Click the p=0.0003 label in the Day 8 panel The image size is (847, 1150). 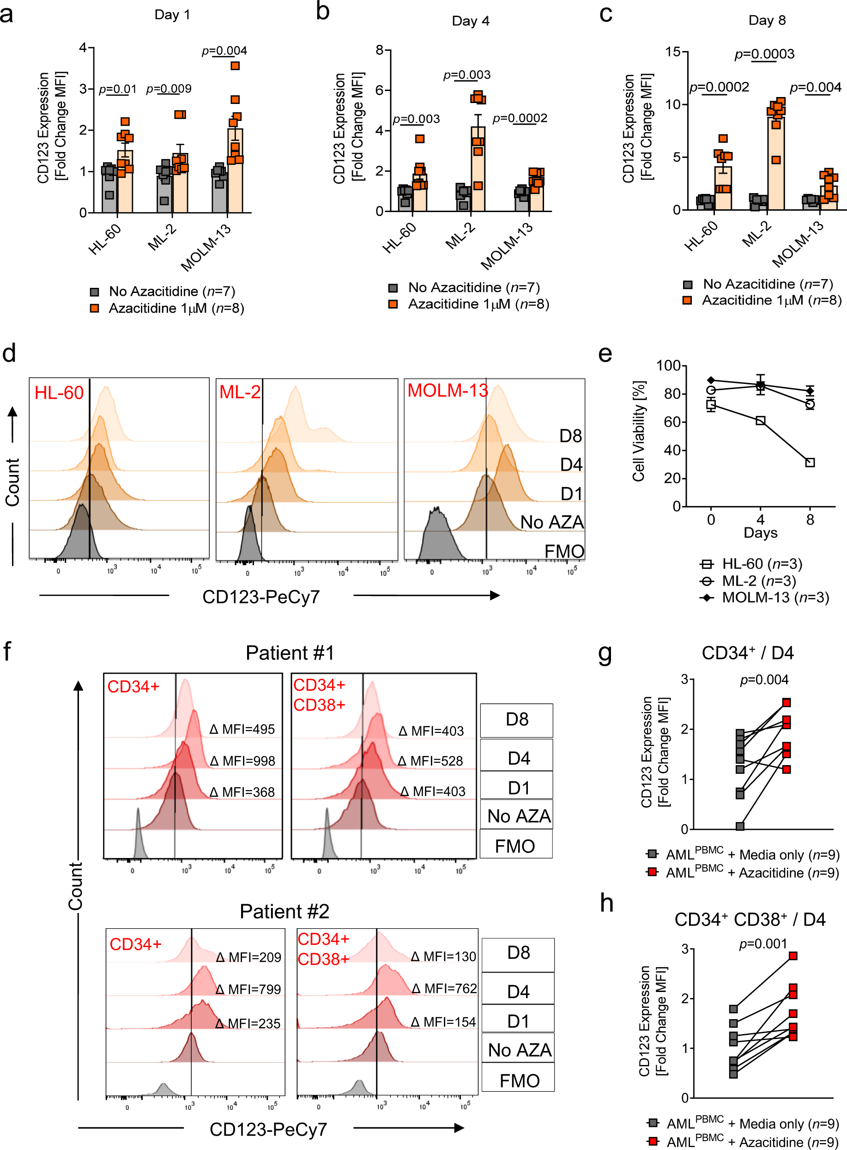pos(764,54)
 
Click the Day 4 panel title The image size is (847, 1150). pos(470,21)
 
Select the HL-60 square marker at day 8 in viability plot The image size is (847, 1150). pos(810,462)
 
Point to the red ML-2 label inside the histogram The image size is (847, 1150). pos(239,392)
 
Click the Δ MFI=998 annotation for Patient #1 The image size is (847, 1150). pos(242,761)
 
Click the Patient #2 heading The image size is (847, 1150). pos(284,912)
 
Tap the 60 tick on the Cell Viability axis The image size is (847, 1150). pos(672,422)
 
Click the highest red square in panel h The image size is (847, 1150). pos(793,955)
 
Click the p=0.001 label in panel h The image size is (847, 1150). pos(762,943)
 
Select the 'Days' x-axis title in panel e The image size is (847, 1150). pos(760,532)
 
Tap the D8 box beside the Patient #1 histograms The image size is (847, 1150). pos(516,719)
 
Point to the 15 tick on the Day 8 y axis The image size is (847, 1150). pos(673,52)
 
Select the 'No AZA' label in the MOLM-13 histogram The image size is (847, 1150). pos(552,522)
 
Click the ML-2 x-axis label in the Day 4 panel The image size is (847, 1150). pos(460,236)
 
